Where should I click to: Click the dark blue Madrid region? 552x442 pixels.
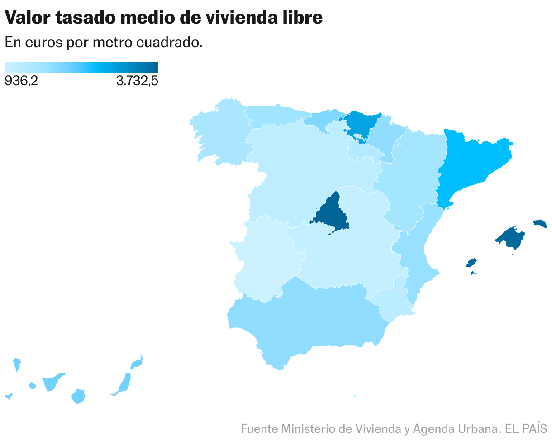pyautogui.click(x=330, y=215)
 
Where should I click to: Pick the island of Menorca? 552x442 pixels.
pyautogui.click(x=540, y=223)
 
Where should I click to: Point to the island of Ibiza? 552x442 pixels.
pyautogui.click(x=471, y=263)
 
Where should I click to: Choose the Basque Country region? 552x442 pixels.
pyautogui.click(x=360, y=122)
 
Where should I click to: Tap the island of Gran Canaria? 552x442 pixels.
pyautogui.click(x=78, y=396)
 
